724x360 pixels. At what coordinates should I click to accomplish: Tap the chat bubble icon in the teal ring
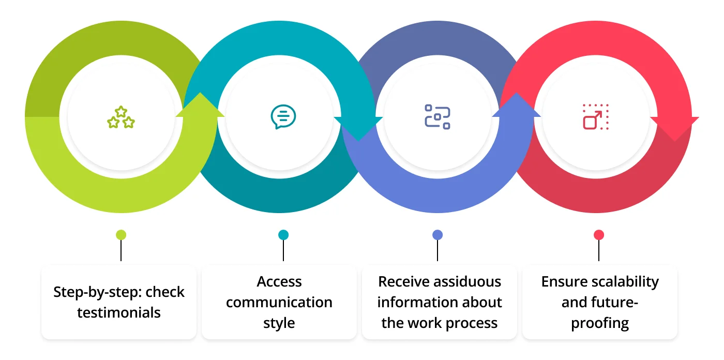[x=283, y=117]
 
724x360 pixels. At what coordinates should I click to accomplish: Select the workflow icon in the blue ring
[x=438, y=117]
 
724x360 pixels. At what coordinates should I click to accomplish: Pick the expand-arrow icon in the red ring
[x=596, y=117]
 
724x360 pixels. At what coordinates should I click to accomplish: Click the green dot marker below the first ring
[x=121, y=235]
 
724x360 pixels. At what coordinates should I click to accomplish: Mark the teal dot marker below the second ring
[x=283, y=235]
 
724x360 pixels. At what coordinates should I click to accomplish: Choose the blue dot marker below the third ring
[x=438, y=235]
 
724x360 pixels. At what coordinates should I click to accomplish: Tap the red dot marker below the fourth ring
[x=599, y=235]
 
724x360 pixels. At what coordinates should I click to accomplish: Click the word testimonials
[x=119, y=312]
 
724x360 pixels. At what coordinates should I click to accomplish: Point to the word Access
[x=279, y=282]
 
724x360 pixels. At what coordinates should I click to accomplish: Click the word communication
[x=279, y=303]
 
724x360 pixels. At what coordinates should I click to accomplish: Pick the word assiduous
[x=467, y=282]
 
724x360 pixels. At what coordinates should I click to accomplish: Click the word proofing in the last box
[x=600, y=323]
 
